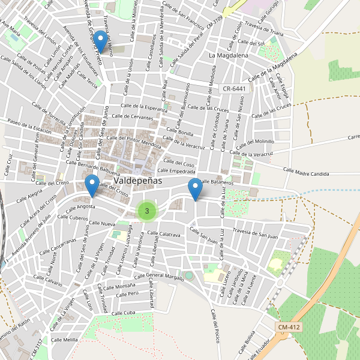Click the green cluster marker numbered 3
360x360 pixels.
coord(146,211)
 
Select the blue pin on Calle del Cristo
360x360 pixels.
coord(92,185)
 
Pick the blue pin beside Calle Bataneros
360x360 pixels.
coord(195,189)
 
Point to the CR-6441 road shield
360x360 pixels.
coord(234,88)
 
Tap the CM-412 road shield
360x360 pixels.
coord(289,327)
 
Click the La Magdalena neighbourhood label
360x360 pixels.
coord(228,55)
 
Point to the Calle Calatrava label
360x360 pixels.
coord(164,235)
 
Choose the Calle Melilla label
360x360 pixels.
coord(65,340)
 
